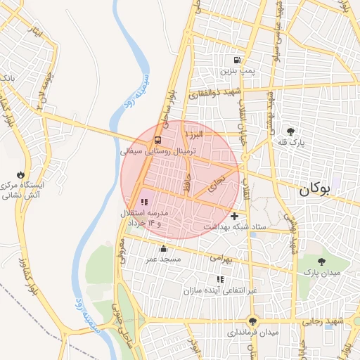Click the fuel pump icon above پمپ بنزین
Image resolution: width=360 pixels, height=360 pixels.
click(237, 60)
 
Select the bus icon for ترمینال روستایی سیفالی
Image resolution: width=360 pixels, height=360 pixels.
click(157, 140)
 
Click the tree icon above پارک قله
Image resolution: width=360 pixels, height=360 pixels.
click(290, 131)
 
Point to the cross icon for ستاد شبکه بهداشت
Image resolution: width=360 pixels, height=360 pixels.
click(234, 215)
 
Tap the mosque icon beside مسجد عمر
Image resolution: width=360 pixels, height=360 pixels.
click(163, 248)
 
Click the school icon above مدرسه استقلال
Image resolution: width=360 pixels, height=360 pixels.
click(144, 202)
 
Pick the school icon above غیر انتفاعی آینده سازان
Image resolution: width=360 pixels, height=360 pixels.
click(221, 279)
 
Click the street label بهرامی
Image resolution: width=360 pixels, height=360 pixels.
click(220, 258)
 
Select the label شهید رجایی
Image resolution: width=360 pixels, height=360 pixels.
click(337, 321)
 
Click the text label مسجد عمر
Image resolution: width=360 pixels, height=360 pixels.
click(163, 259)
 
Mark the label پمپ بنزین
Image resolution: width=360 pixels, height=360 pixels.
click(237, 70)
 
